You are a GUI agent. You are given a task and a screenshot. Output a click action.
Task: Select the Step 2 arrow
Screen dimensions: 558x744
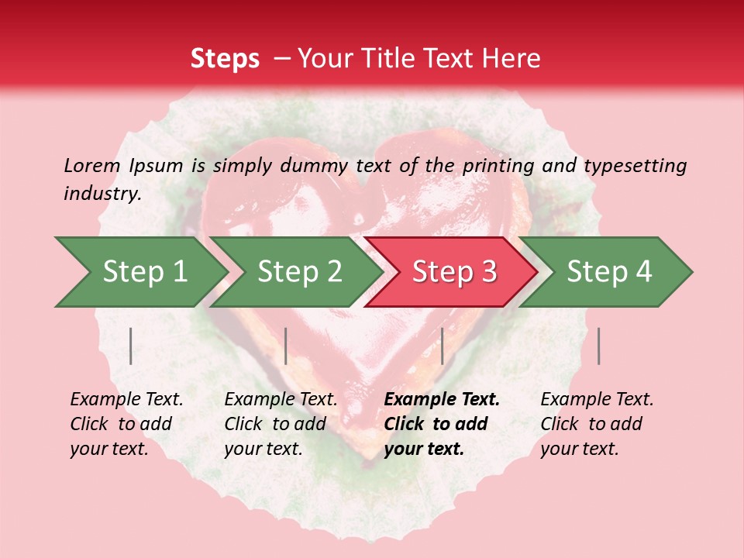pyautogui.click(x=299, y=272)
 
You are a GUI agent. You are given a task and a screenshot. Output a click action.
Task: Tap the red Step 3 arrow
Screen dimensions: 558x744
pyautogui.click(x=454, y=272)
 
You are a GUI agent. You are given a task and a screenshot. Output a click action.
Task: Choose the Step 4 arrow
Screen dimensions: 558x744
pyautogui.click(x=609, y=272)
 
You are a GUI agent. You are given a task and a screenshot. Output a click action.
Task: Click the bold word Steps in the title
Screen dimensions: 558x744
pyautogui.click(x=225, y=59)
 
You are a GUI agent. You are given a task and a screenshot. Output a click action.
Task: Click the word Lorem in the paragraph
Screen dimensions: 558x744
pyautogui.click(x=91, y=165)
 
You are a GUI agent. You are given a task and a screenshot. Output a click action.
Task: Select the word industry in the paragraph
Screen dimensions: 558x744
pyautogui.click(x=102, y=194)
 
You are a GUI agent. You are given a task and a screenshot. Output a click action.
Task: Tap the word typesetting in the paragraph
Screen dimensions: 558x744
pyautogui.click(x=635, y=166)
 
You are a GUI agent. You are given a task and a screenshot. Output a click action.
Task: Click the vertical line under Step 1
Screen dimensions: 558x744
pyautogui.click(x=131, y=346)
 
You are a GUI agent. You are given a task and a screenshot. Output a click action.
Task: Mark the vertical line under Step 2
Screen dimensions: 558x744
pyautogui.click(x=286, y=346)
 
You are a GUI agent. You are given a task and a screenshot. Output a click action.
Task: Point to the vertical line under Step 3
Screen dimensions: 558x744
pyautogui.click(x=442, y=346)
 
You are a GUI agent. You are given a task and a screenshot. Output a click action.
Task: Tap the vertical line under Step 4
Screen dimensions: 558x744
pyautogui.click(x=598, y=346)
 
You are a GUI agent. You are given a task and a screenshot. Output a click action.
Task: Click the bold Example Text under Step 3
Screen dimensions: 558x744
pyautogui.click(x=442, y=400)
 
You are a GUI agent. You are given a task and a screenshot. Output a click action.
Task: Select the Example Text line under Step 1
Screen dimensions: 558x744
pyautogui.click(x=126, y=400)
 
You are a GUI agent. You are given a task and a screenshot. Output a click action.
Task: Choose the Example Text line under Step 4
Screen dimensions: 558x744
pyautogui.click(x=597, y=400)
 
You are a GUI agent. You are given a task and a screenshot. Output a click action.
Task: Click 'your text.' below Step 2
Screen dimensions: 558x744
pyautogui.click(x=263, y=449)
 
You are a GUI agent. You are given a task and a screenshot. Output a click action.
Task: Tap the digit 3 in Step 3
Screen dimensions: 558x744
pyautogui.click(x=488, y=272)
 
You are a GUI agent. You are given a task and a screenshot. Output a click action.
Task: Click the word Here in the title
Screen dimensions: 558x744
pyautogui.click(x=515, y=59)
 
